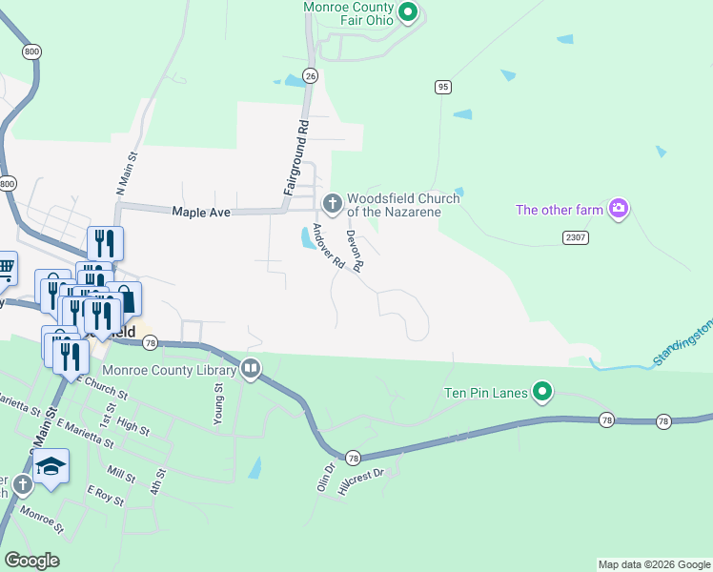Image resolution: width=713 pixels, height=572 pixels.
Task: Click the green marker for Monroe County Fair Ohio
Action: click(409, 12)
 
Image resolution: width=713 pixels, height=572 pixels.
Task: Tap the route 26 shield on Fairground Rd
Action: click(310, 74)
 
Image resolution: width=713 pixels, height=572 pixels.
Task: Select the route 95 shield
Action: click(442, 87)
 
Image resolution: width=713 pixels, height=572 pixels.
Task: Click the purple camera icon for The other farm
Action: click(619, 208)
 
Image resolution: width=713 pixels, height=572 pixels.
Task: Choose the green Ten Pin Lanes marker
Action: click(542, 391)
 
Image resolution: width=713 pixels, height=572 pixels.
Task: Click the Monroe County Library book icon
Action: click(251, 367)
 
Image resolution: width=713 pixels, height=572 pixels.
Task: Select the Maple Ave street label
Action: click(201, 213)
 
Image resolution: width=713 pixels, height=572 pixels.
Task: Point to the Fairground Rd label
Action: click(296, 158)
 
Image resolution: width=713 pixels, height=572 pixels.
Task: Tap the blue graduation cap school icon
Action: click(51, 465)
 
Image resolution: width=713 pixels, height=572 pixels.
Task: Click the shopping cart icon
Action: click(5, 269)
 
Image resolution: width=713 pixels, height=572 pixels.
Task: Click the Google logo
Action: click(31, 561)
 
